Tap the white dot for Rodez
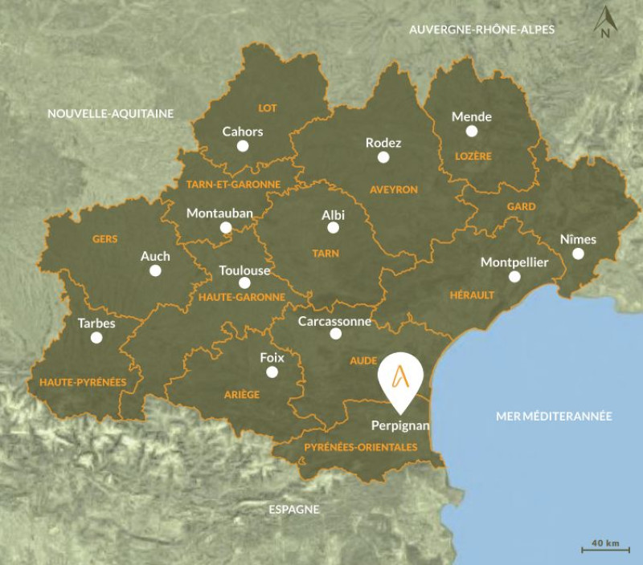pyautogui.click(x=383, y=158)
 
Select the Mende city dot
pyautogui.click(x=472, y=131)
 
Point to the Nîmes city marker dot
pyautogui.click(x=578, y=254)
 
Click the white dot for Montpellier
pyautogui.click(x=514, y=277)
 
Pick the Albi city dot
pyautogui.click(x=334, y=228)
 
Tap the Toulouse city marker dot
pyautogui.click(x=244, y=282)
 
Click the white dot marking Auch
pyautogui.click(x=155, y=270)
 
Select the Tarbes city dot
pyautogui.click(x=96, y=338)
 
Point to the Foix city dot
pyautogui.click(x=272, y=372)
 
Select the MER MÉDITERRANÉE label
pyautogui.click(x=554, y=416)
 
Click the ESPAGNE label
pyautogui.click(x=293, y=509)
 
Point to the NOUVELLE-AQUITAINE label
pyautogui.click(x=110, y=113)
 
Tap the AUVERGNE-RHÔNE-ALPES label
pyautogui.click(x=482, y=30)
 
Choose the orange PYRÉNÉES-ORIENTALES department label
pyautogui.click(x=360, y=447)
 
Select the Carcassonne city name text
pyautogui.click(x=334, y=321)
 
